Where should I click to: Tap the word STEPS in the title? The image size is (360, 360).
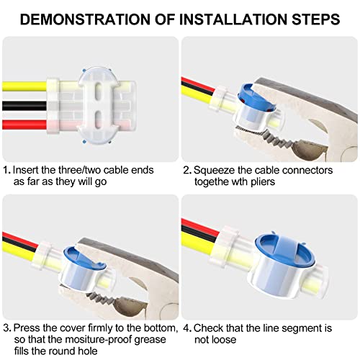(316, 19)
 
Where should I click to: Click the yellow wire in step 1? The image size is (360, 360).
(24, 86)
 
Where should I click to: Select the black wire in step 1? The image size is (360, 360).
(24, 106)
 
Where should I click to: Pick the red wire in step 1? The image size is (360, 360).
(24, 125)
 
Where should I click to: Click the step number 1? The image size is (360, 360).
(6, 170)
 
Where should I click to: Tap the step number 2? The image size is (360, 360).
(187, 170)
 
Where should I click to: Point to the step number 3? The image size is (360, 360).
(7, 328)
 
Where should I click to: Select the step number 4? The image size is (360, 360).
(187, 328)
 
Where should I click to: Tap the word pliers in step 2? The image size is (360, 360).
(263, 181)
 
